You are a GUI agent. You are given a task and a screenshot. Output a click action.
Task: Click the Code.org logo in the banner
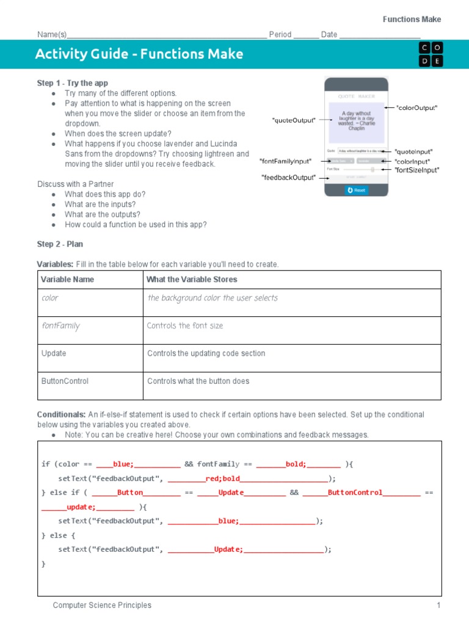click(431, 54)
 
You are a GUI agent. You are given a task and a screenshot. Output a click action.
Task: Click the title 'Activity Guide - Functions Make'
click(139, 54)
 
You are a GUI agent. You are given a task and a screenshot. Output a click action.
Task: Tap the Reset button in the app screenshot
click(356, 190)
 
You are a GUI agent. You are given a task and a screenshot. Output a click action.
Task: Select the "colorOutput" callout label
click(416, 108)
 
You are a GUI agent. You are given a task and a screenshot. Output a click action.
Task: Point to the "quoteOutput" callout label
click(294, 121)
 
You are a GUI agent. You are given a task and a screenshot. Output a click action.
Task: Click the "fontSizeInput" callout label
click(416, 170)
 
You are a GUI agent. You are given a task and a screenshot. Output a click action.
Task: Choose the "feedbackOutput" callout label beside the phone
click(288, 178)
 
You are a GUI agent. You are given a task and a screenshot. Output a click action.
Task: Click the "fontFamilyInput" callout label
click(285, 161)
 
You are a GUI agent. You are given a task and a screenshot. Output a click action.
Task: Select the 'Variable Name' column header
click(67, 280)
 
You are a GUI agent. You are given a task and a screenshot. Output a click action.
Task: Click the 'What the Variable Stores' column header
click(192, 280)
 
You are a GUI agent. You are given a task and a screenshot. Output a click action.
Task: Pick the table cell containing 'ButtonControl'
click(65, 381)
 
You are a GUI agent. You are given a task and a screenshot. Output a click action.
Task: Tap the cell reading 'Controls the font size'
click(185, 326)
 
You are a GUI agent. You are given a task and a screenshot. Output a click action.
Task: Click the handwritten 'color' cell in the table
click(50, 298)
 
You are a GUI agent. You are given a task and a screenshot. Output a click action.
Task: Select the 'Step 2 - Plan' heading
click(60, 244)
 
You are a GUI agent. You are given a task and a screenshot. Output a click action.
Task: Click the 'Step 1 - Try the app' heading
click(73, 83)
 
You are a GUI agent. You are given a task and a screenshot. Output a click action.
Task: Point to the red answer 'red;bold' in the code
click(223, 479)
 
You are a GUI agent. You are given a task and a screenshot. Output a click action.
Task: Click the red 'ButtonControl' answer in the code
click(355, 493)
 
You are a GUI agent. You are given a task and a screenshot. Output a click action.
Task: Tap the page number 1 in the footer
click(438, 605)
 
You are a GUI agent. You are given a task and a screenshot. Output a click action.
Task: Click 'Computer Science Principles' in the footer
click(102, 605)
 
